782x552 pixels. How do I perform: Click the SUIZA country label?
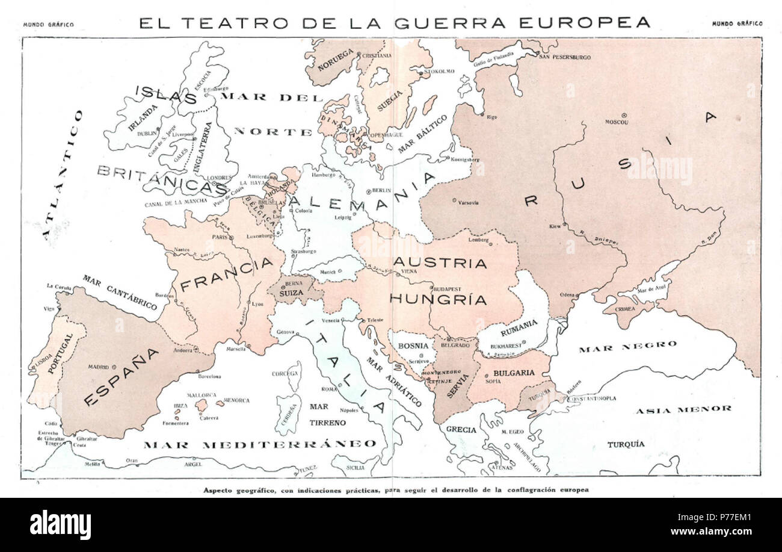click(x=291, y=292)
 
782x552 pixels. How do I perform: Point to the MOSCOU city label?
click(x=617, y=122)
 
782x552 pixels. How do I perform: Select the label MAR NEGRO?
click(x=628, y=346)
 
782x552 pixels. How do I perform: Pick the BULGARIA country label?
click(x=514, y=373)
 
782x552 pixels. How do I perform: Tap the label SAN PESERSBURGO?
click(x=565, y=57)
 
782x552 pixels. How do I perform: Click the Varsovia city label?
click(x=469, y=203)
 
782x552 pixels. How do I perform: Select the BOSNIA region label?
click(x=413, y=346)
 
